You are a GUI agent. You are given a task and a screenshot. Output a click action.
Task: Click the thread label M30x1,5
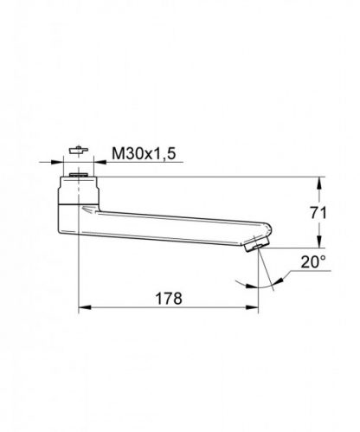coord(145,156)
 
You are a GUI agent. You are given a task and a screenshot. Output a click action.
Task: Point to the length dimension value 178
coord(168,299)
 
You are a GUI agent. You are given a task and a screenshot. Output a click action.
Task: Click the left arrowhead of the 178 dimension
coord(84,307)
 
